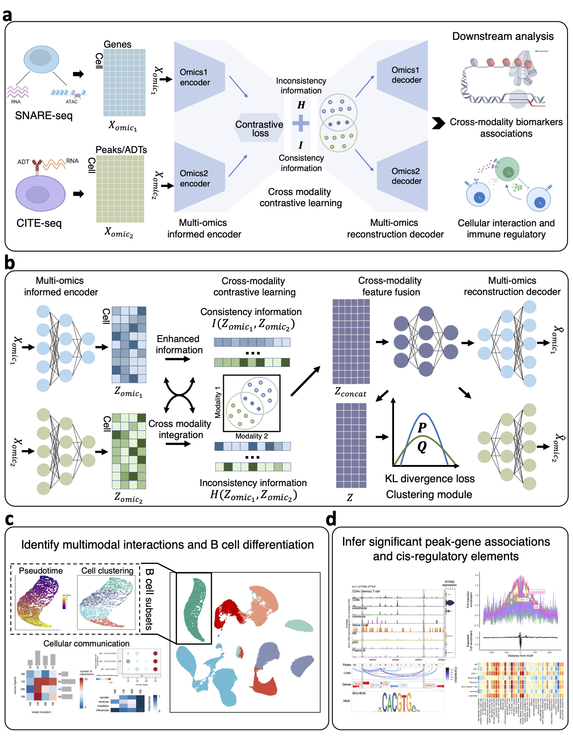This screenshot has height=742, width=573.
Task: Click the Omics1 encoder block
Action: pos(198,77)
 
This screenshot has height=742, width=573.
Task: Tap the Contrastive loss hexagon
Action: pos(259,128)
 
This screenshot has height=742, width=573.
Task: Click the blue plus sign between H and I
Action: pos(301,123)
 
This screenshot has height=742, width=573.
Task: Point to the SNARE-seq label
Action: pos(44,116)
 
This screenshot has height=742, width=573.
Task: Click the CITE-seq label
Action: pos(39,223)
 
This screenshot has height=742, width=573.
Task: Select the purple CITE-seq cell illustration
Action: pos(40,194)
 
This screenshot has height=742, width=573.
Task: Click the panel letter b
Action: pos(9,262)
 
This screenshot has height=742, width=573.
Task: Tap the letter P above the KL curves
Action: pos(422,427)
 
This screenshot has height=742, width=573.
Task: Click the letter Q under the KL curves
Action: pos(422,447)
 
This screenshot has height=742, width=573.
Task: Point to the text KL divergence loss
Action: pos(430,479)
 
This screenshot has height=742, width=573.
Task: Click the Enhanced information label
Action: pos(179,345)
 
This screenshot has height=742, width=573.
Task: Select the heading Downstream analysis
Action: pos(503,36)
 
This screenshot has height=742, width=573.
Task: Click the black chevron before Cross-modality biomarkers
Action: pos(438,123)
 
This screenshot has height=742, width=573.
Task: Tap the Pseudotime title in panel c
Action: pos(41,571)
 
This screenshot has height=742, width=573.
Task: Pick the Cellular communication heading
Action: pos(87,644)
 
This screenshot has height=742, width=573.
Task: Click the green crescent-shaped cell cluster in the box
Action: pos(195,609)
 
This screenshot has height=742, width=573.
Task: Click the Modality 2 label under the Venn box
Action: pos(251,436)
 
